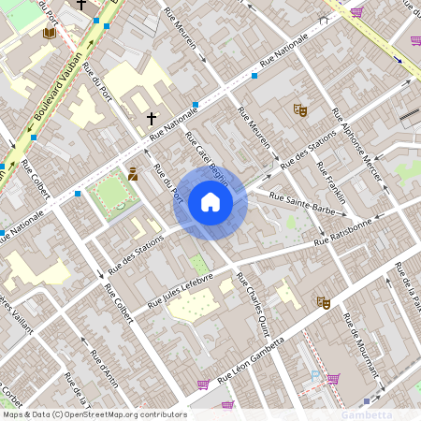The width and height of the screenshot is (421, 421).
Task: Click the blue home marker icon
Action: [x=210, y=201]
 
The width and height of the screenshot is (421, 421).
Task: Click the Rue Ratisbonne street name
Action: [x=343, y=232]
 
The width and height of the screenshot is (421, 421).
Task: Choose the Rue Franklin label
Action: [x=330, y=181]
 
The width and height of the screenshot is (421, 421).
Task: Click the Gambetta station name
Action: [x=366, y=414]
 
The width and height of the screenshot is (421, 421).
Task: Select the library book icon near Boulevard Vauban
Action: [x=50, y=33]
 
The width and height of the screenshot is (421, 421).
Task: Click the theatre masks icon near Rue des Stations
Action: [x=300, y=109]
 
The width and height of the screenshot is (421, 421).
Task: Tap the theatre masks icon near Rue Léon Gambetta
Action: [x=324, y=302]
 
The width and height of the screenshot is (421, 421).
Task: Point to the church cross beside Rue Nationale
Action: [x=152, y=119]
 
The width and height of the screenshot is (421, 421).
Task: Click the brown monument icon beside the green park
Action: [x=134, y=173]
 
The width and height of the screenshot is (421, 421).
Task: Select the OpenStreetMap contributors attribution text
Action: [x=94, y=414]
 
